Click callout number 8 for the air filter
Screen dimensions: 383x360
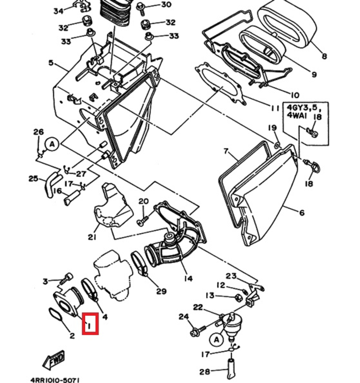pos(324,56)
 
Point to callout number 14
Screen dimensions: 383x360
pos(188,278)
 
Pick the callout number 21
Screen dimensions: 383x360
pos(92,237)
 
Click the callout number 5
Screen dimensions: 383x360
pos(51,63)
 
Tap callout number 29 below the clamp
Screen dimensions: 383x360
pos(161,291)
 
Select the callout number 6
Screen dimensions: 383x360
pos(301,212)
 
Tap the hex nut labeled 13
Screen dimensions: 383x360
pos(238,297)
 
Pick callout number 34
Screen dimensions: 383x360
pos(58,11)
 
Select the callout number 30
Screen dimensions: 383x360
pos(166,4)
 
